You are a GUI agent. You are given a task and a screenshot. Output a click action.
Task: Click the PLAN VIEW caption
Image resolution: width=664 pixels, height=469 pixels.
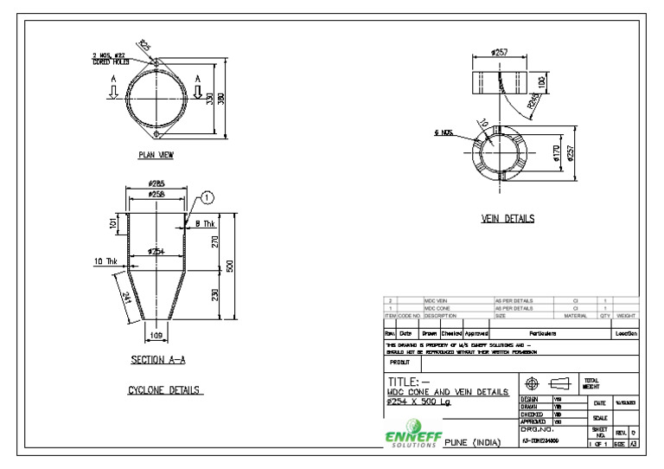(156, 156)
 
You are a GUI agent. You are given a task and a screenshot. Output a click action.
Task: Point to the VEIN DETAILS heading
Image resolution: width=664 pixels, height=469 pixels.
(508, 219)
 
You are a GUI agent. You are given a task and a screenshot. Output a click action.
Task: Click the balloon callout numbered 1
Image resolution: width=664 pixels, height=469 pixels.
(208, 198)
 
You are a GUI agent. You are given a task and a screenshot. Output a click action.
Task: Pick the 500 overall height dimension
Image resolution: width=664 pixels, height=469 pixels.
(230, 266)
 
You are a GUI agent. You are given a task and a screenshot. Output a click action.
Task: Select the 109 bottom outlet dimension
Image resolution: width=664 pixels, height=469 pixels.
(156, 333)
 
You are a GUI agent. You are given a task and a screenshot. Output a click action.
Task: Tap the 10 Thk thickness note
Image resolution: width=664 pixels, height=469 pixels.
(106, 260)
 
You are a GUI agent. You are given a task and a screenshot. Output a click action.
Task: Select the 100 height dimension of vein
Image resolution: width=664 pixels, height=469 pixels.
(542, 84)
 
